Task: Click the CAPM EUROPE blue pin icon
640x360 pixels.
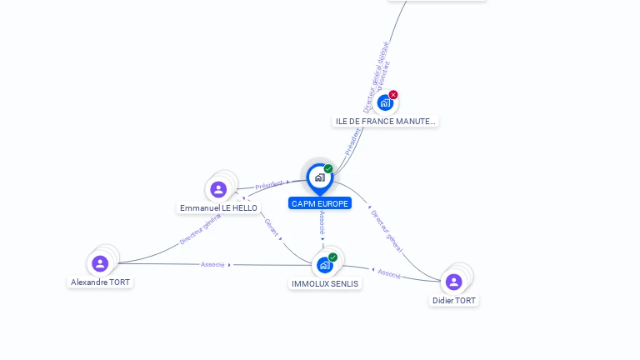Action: [x=319, y=177]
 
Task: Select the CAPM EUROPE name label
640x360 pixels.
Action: [x=320, y=203]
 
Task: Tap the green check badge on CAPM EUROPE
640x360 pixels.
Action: [x=328, y=169]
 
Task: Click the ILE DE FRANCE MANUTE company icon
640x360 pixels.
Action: [x=384, y=103]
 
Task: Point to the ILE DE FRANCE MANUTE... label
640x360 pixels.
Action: [x=385, y=121]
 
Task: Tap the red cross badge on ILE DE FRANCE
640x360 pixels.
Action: [x=393, y=95]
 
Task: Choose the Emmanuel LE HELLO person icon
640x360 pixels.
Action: [x=218, y=189]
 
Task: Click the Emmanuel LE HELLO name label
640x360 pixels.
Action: [x=218, y=207]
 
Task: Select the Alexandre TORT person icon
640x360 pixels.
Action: [x=100, y=263]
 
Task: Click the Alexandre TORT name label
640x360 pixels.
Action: [x=100, y=282]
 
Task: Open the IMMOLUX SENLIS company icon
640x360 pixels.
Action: [x=324, y=265]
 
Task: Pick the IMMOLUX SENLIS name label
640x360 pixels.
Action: [x=325, y=283]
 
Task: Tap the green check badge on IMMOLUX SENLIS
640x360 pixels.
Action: [x=332, y=257]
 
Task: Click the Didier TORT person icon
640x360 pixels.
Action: [x=453, y=282]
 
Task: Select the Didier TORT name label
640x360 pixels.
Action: [x=454, y=300]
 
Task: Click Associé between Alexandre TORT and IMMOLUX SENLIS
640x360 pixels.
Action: [x=212, y=264]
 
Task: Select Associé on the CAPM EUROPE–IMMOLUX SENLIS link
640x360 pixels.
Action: [x=322, y=222]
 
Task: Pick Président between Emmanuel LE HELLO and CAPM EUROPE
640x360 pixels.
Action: [x=269, y=185]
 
